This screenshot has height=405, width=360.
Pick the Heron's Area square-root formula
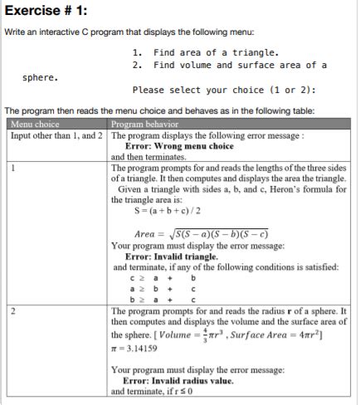(200, 234)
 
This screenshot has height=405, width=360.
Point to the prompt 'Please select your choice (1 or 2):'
(223, 90)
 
